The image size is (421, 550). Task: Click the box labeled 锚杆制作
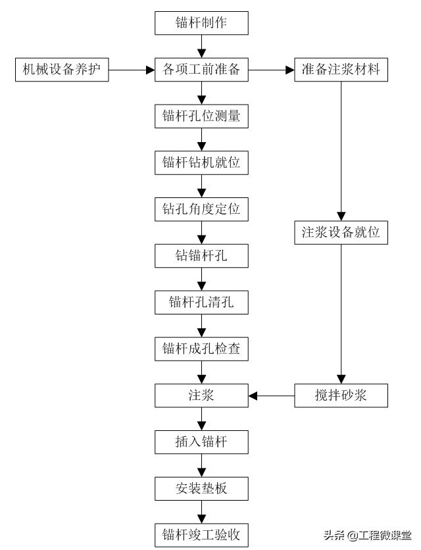[201, 23]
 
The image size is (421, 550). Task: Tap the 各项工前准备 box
[201, 68]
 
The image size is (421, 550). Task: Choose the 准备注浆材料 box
[341, 68]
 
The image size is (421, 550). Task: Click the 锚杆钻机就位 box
[201, 162]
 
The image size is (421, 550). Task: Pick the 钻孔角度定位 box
[201, 209]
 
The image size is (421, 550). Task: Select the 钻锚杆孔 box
[201, 256]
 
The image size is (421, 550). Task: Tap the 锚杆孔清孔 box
[201, 303]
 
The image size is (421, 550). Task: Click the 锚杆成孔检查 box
[201, 349]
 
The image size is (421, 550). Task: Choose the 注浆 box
[201, 396]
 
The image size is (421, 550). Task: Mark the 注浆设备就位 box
[341, 233]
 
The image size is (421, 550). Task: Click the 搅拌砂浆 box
[341, 396]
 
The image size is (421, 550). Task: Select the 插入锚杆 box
[201, 442]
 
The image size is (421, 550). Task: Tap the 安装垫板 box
[201, 488]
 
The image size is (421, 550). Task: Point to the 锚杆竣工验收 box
[201, 534]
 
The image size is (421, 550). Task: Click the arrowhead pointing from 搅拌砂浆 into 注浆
[253, 396]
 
